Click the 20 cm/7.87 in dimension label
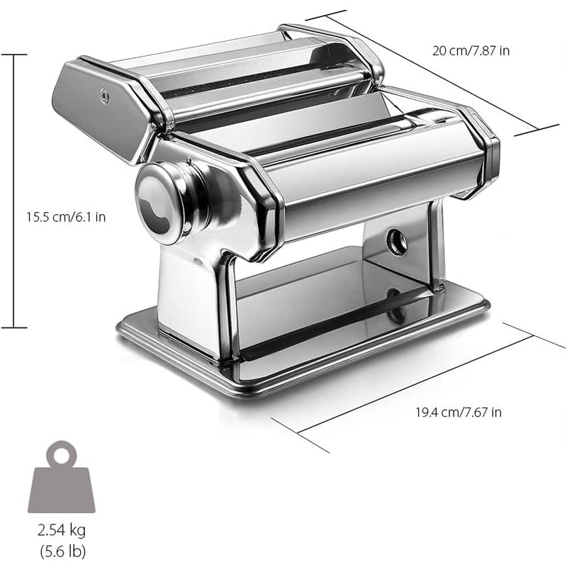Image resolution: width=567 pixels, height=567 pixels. (471, 50)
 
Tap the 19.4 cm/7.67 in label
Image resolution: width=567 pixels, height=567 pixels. (459, 412)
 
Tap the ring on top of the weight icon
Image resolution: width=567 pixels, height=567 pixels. (62, 451)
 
